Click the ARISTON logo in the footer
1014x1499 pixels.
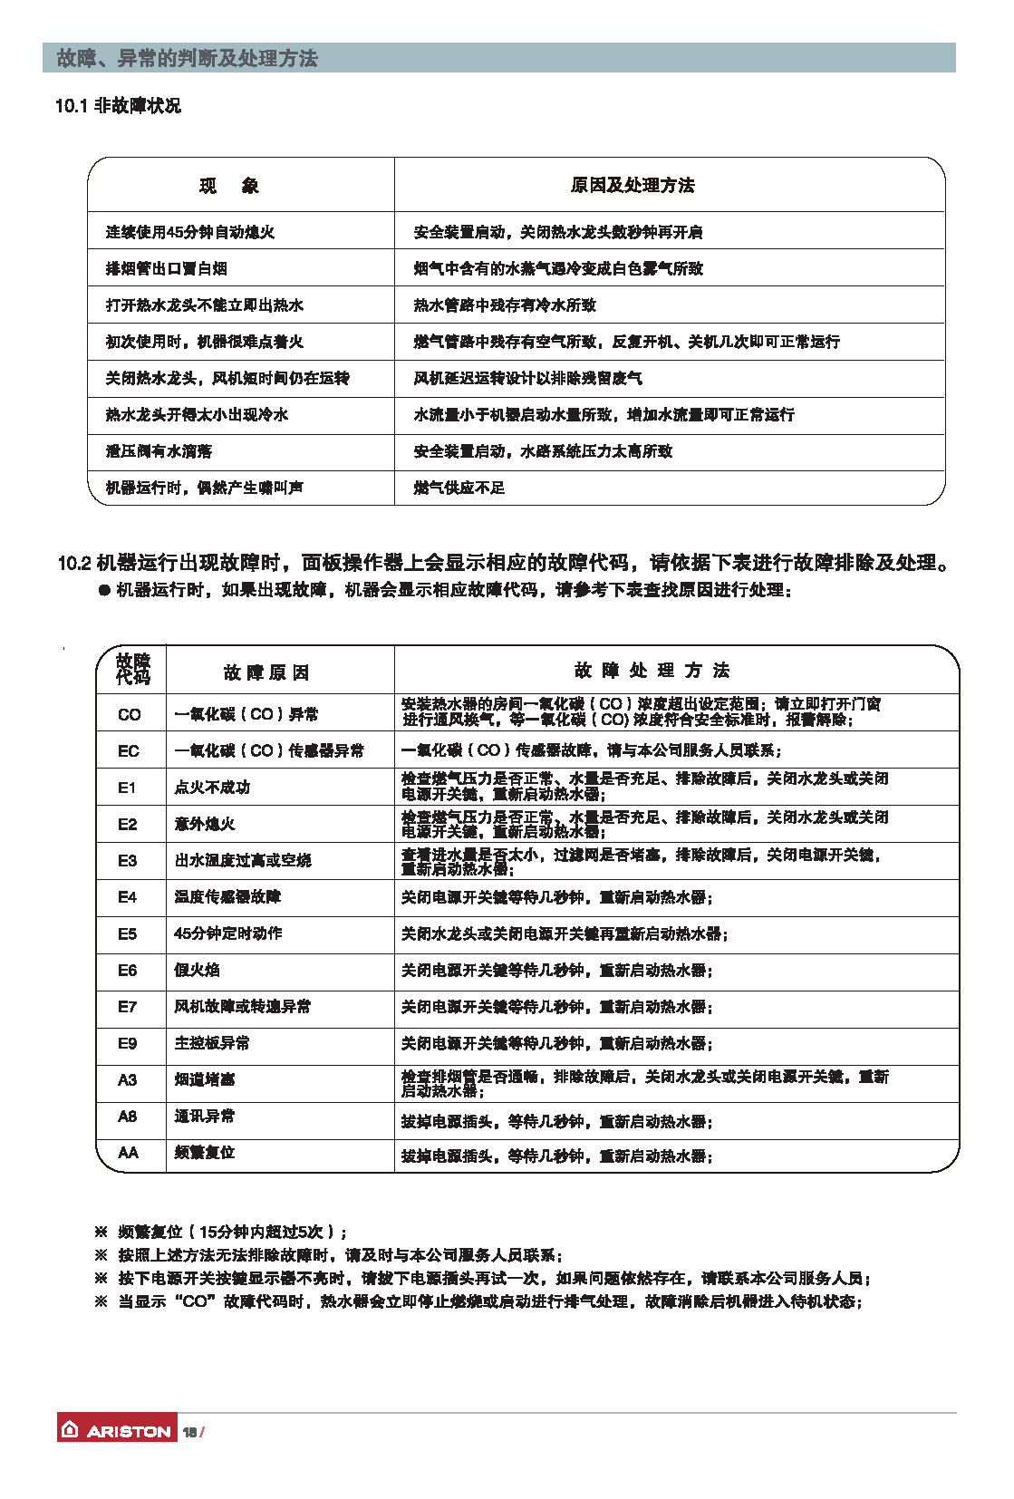117,1430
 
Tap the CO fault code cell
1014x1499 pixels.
130,714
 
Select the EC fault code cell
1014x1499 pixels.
129,750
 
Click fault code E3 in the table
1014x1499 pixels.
128,860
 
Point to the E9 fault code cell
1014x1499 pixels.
128,1043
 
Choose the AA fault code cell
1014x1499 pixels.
129,1153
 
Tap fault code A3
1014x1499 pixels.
128,1079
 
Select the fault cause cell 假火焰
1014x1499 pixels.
198,970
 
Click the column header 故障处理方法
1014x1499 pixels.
652,671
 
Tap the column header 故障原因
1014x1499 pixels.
266,672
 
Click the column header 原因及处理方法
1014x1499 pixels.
633,186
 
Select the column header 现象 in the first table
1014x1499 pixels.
229,186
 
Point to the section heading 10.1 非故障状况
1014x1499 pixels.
118,106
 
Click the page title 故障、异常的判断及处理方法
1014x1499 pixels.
188,59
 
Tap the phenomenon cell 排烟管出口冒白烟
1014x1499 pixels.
167,268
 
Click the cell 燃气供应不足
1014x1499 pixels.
459,488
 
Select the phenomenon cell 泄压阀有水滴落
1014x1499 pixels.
159,451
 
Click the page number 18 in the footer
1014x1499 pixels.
190,1432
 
